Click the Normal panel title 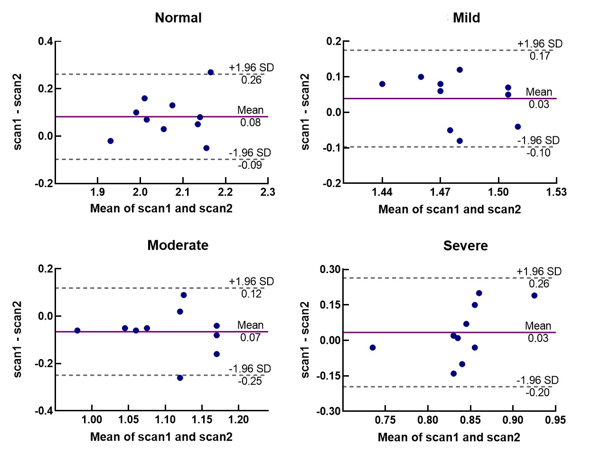[x=178, y=18]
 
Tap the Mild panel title [x=466, y=18]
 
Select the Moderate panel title [x=178, y=245]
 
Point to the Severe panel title [x=465, y=246]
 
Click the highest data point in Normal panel [x=211, y=72]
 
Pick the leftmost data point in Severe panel [x=373, y=348]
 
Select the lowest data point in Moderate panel [x=180, y=378]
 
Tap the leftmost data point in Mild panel [x=382, y=84]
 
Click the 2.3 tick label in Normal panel [x=268, y=192]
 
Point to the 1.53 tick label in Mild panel [x=556, y=192]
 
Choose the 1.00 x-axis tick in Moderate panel [x=92, y=420]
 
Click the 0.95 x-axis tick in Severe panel [x=555, y=420]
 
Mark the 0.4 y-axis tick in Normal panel [x=46, y=41]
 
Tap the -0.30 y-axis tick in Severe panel [x=328, y=411]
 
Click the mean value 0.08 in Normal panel [x=251, y=123]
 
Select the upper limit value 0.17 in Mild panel [x=540, y=56]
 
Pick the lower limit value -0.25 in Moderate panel [x=250, y=381]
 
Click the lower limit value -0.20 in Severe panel [x=537, y=392]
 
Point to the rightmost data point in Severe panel [x=534, y=295]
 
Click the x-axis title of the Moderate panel [x=161, y=437]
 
